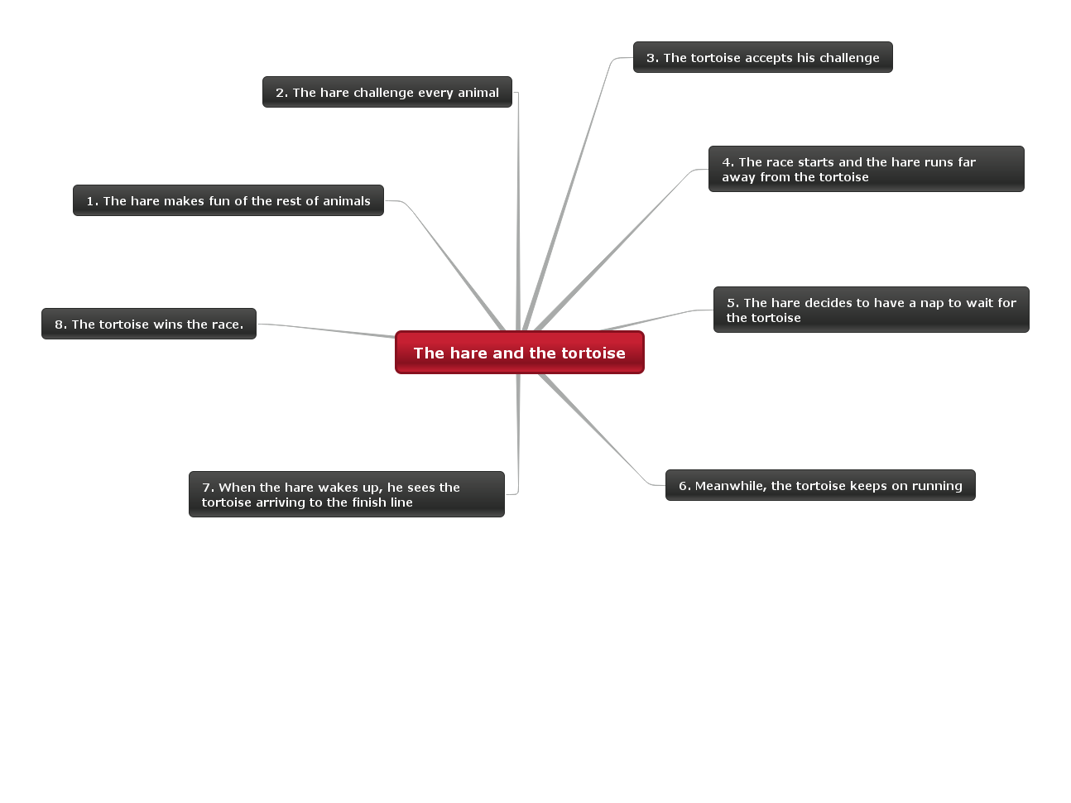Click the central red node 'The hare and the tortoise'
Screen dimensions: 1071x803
coord(519,353)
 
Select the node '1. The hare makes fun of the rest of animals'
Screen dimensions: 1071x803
coord(228,200)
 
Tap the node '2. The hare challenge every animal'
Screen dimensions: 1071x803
coord(387,92)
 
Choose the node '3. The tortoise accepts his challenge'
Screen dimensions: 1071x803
coord(762,57)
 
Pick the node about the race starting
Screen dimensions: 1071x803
coord(866,169)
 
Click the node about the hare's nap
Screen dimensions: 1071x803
coord(871,310)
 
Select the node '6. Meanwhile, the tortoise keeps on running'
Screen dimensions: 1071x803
coord(819,485)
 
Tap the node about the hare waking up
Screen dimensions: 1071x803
coord(346,494)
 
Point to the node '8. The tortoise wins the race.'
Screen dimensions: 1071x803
coord(149,324)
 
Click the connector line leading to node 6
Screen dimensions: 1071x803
coord(596,430)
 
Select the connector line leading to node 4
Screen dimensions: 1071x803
coord(612,248)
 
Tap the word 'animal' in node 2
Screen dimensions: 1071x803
coord(478,93)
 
